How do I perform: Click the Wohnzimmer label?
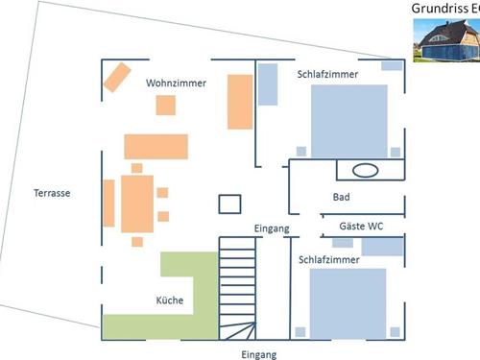click(176, 84)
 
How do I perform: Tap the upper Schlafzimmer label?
click(328, 74)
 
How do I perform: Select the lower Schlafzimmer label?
click(329, 260)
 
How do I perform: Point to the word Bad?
click(341, 198)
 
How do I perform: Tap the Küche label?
click(169, 301)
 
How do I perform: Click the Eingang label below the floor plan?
click(259, 354)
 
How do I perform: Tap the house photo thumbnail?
click(446, 40)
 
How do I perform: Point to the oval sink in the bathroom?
click(366, 171)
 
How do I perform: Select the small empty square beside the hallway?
click(230, 204)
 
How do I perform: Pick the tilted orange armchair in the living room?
click(118, 77)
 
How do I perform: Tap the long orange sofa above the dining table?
click(155, 147)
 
